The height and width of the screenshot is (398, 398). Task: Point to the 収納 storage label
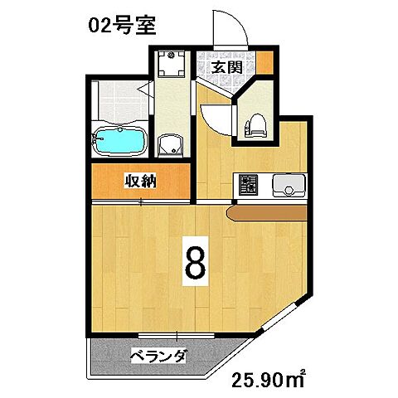pos(142,180)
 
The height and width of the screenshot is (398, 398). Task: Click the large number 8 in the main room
pos(195,264)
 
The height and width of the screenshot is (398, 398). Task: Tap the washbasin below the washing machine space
pos(171,144)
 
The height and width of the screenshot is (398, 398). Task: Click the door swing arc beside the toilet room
pos(217,116)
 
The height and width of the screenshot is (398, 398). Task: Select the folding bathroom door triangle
pos(144,89)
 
